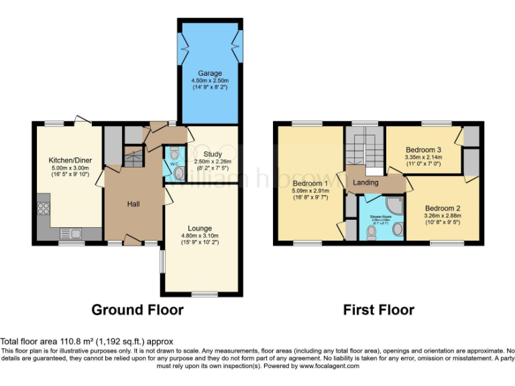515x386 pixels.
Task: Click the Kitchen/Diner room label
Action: coord(70,160)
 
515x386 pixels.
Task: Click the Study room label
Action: coord(203,153)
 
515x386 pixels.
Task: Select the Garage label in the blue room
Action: coord(209,72)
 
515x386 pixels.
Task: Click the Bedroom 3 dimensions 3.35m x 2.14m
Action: coord(422,157)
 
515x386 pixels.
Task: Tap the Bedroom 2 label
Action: coord(443,208)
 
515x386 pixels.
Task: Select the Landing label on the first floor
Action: coord(365,182)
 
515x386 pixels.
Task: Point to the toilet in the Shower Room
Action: coord(371,232)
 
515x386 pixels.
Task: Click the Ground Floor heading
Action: coord(137,310)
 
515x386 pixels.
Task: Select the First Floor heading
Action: coord(378,310)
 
